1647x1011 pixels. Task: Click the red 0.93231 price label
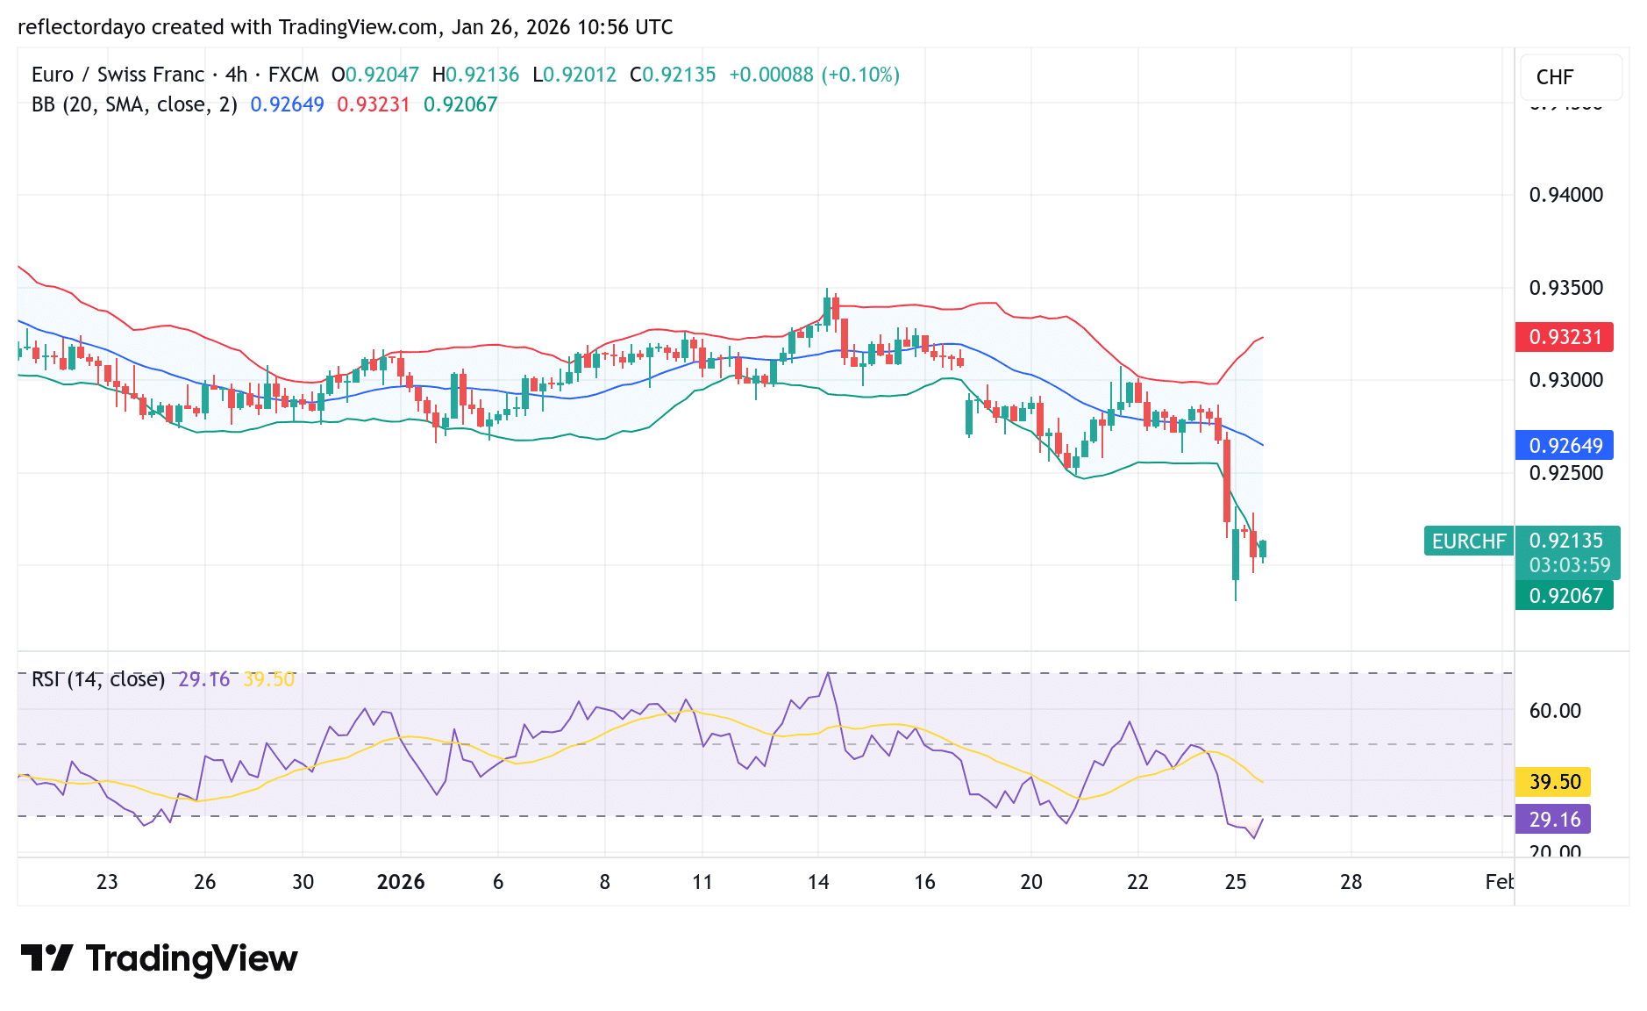pos(1565,337)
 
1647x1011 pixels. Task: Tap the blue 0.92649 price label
pos(1565,446)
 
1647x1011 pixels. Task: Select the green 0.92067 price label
pos(1565,596)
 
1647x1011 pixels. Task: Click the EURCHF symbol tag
pos(1468,541)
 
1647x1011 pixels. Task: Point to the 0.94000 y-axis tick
pos(1565,195)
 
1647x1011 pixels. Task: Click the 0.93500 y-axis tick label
pos(1565,288)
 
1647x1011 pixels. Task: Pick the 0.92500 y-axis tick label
pos(1565,473)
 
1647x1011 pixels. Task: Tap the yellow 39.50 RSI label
pos(1554,782)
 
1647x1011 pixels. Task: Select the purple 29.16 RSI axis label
pos(1554,820)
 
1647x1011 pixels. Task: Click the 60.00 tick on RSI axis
pos(1554,711)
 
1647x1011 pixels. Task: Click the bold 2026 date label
pos(400,882)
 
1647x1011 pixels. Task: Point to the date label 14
pos(818,882)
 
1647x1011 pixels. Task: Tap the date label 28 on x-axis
pos(1351,882)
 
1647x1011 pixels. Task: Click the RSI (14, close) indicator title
pos(98,679)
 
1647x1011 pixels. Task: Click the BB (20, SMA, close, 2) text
pos(134,104)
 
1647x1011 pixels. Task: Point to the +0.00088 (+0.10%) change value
pos(814,75)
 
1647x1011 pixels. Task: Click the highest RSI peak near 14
pos(828,674)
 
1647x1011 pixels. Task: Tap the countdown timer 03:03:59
pos(1569,565)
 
